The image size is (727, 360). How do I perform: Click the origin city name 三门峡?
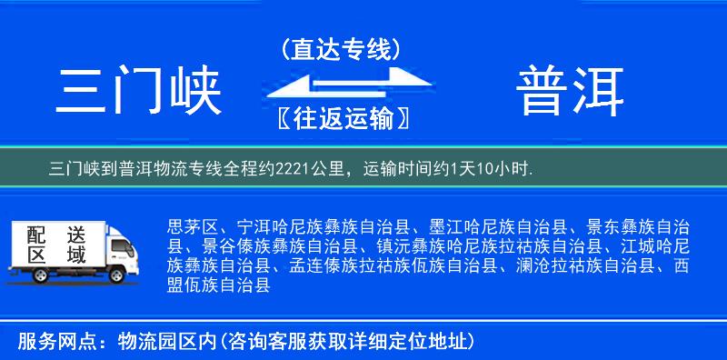[x=139, y=92]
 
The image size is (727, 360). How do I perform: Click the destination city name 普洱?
[x=571, y=92]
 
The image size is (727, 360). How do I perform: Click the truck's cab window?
[x=121, y=245]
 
